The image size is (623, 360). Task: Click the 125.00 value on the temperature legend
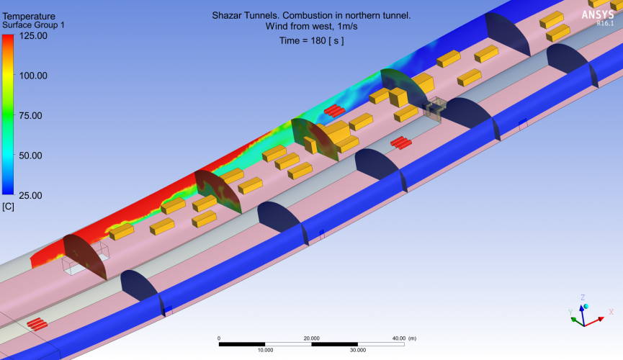tap(33, 36)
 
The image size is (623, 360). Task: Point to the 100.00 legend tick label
tap(33, 76)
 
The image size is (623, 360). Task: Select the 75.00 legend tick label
tap(30, 116)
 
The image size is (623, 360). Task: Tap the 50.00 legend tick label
tap(30, 156)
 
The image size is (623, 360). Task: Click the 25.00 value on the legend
tap(30, 196)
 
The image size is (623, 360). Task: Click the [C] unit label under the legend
tap(8, 207)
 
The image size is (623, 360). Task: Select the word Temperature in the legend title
tap(29, 17)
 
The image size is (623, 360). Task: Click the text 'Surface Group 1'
tap(33, 25)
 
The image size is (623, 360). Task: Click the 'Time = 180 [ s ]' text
tap(311, 40)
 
